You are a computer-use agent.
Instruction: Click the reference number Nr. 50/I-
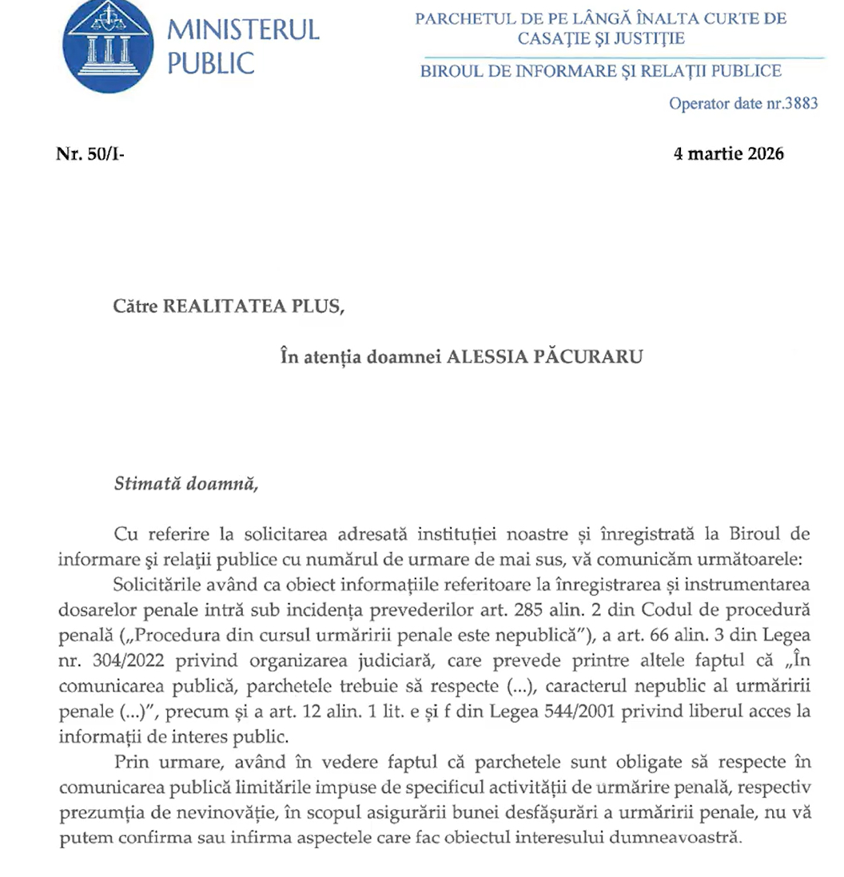(90, 154)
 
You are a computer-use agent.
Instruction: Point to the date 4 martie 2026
(729, 153)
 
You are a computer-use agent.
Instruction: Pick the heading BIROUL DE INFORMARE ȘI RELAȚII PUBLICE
(600, 71)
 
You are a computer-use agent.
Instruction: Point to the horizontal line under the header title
(623, 58)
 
